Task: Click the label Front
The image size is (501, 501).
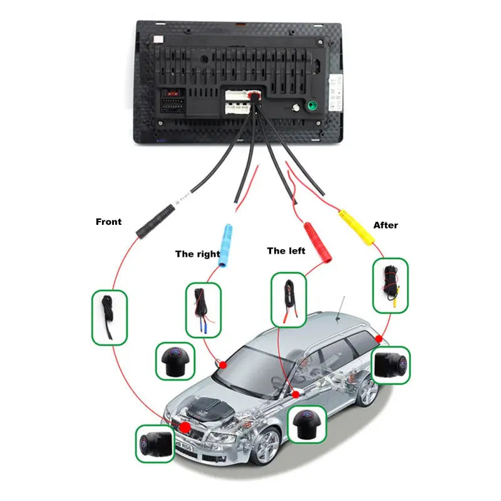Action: pyautogui.click(x=108, y=222)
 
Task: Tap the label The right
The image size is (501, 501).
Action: pyautogui.click(x=197, y=254)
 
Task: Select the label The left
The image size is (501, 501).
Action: pyautogui.click(x=286, y=250)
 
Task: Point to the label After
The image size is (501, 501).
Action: pyautogui.click(x=385, y=225)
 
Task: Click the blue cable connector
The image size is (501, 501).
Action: pyautogui.click(x=226, y=245)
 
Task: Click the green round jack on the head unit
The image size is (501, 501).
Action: pyautogui.click(x=309, y=106)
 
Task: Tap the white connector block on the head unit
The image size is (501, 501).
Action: pyautogui.click(x=237, y=103)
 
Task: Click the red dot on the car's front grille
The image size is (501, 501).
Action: pyautogui.click(x=185, y=427)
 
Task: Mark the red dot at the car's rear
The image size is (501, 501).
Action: pyautogui.click(x=379, y=339)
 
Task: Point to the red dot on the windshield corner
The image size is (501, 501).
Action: pyautogui.click(x=222, y=364)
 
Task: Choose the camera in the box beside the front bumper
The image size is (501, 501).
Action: pyautogui.click(x=155, y=443)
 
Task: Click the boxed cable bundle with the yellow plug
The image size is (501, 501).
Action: pyautogui.click(x=390, y=285)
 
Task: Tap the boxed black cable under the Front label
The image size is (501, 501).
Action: pyautogui.click(x=109, y=317)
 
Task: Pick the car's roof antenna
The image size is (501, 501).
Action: pyautogui.click(x=341, y=310)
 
